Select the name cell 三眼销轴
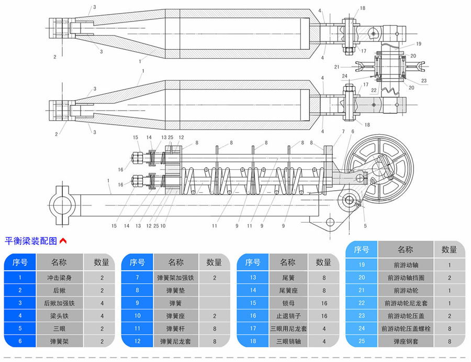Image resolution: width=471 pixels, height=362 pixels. coord(288,342)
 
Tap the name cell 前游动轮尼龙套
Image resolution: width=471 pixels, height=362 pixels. coord(406,303)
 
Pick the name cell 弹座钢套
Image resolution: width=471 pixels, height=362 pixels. coord(406,342)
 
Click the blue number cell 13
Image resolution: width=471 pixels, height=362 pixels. coord(253,278)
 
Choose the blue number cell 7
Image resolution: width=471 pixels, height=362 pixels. coord(137,278)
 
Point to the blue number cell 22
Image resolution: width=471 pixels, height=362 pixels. coord(362,303)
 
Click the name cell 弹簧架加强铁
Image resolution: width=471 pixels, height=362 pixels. coord(176,278)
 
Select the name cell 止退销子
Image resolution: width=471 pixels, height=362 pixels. coord(288,316)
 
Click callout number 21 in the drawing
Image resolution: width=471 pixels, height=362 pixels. coord(337,67)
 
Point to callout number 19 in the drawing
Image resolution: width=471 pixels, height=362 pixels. coord(419,43)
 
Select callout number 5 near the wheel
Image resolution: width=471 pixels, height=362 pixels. coord(365,226)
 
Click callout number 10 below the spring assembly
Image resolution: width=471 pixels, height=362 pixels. coord(163,226)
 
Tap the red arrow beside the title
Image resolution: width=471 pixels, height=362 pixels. coord(63,242)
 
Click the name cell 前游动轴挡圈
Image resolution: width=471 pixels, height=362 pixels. coord(406,278)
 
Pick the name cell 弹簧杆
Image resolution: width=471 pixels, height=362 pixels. coord(176,328)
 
